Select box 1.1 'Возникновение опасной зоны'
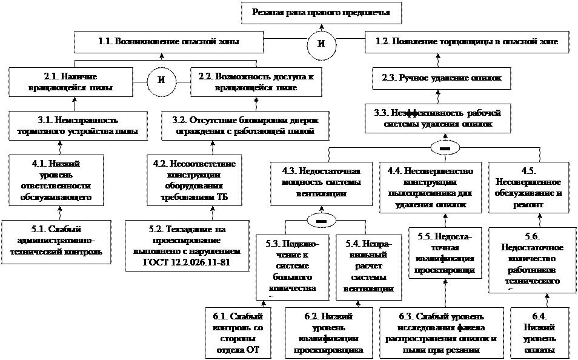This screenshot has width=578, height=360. tap(169, 42)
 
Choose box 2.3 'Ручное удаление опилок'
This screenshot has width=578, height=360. tap(442, 78)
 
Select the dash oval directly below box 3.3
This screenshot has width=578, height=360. tap(444, 148)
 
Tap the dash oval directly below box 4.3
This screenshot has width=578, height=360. tap(322, 219)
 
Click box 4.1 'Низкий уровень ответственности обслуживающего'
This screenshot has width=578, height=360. tap(56, 180)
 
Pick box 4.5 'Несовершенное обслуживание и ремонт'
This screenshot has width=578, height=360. tap(527, 187)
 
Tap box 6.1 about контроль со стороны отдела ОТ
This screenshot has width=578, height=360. tap(238, 333)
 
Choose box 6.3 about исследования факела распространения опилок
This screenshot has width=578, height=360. tap(441, 333)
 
